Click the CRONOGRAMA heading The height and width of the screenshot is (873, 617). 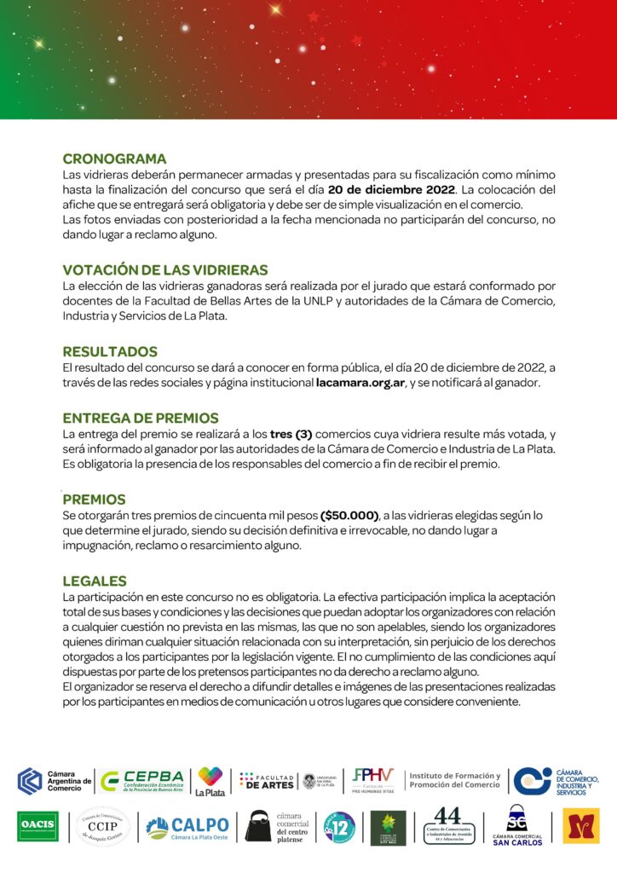(114, 159)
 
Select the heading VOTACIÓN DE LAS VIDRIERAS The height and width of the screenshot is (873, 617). (165, 270)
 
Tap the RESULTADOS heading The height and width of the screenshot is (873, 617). (110, 351)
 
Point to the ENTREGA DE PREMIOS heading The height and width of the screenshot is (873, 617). (141, 418)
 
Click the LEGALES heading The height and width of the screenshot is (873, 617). (95, 581)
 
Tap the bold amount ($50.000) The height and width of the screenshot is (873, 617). (349, 516)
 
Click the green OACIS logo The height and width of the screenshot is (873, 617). (38, 826)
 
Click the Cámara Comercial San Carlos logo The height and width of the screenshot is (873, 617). (516, 826)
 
